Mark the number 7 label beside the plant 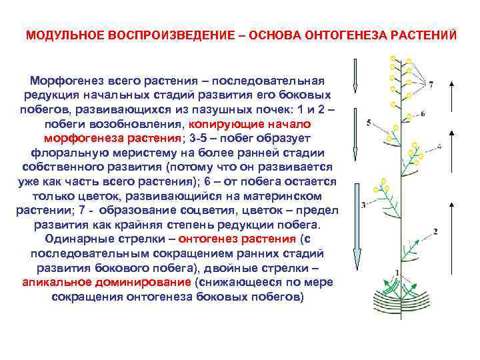tap(431, 85)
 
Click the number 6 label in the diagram tap(423, 114)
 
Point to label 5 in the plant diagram tap(369, 123)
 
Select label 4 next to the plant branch tap(439, 146)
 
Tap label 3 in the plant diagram tap(363, 205)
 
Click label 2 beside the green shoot tap(435, 231)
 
